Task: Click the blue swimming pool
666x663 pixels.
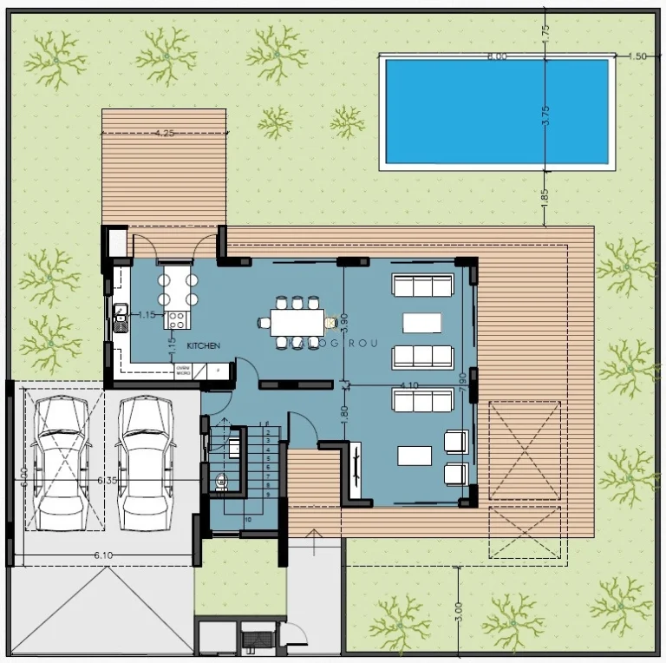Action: [x=497, y=111]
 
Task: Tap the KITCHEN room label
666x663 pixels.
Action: [x=203, y=345]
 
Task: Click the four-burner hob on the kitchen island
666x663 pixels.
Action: [x=176, y=318]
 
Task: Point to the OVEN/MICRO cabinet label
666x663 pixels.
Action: [x=183, y=371]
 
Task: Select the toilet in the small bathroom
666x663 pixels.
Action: [x=220, y=480]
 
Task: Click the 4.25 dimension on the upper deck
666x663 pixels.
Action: [x=165, y=134]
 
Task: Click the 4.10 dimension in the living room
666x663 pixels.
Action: [x=409, y=385]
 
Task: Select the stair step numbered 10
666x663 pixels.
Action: [x=247, y=519]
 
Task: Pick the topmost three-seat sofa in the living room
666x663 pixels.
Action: [x=423, y=286]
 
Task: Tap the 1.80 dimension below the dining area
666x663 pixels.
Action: [x=344, y=413]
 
